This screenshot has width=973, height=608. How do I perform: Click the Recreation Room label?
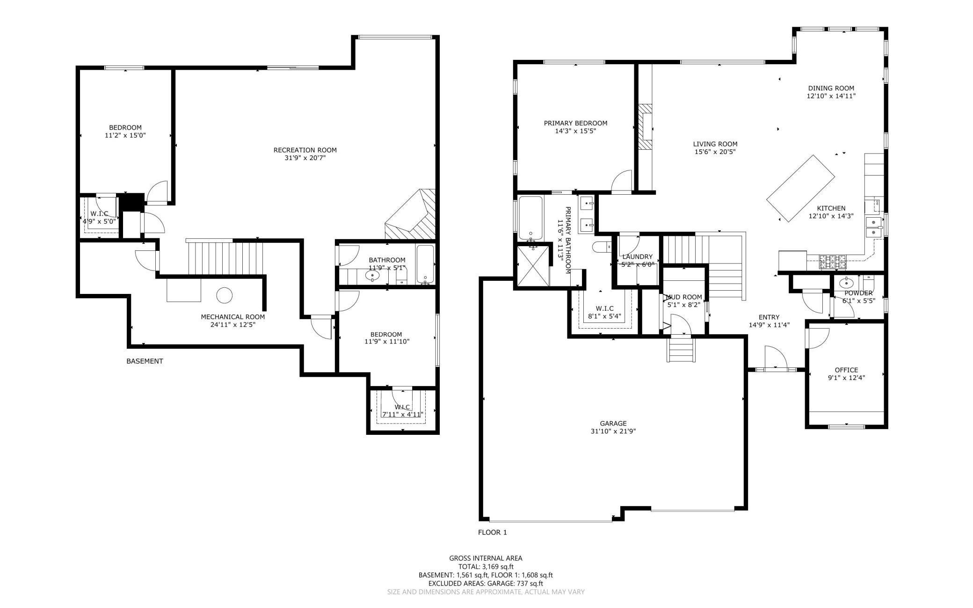(x=305, y=150)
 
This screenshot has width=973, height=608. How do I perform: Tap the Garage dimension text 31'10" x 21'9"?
(x=613, y=432)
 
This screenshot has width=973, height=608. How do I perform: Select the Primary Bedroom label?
(x=575, y=123)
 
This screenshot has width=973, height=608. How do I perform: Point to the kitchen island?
(x=800, y=188)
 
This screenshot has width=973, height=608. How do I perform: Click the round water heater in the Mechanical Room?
(x=224, y=296)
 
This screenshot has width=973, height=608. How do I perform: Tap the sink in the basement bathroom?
(x=372, y=276)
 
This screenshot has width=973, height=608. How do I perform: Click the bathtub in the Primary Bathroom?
(x=530, y=217)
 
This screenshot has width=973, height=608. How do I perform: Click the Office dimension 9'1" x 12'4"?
(x=846, y=378)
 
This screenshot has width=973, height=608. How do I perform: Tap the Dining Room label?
(x=831, y=88)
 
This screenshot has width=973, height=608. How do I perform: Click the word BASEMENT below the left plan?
(x=145, y=361)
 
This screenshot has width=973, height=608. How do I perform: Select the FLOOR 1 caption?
(x=492, y=532)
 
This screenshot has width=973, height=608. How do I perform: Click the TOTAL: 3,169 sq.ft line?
(x=486, y=567)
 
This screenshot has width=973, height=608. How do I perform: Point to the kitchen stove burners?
(x=832, y=261)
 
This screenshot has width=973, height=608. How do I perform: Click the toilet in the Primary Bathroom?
(x=601, y=246)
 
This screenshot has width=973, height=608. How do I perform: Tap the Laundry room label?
(x=637, y=256)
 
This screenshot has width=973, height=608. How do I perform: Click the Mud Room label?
(x=683, y=297)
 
